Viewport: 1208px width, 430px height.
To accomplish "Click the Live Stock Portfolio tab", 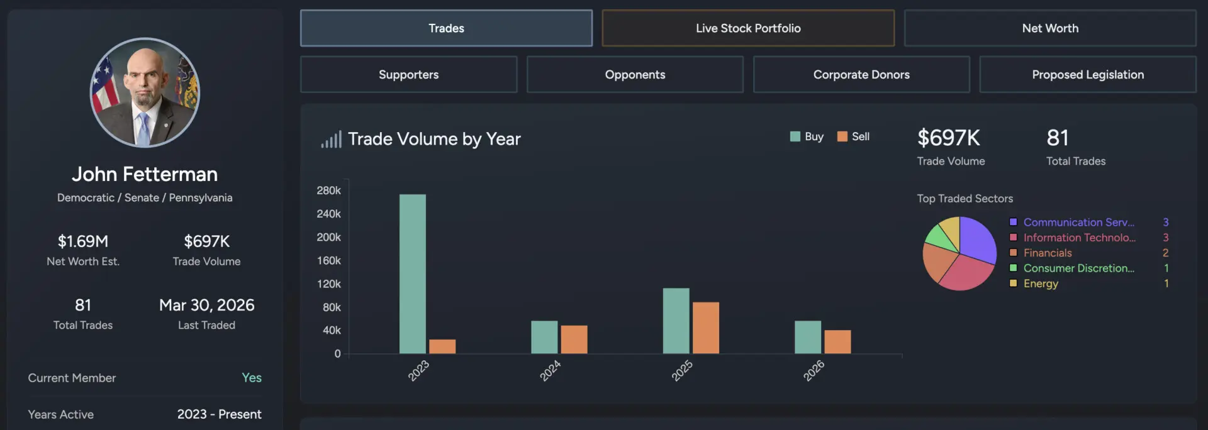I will pos(747,28).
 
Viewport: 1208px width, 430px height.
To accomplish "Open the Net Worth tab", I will pos(1049,28).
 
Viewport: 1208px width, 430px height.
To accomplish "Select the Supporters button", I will pos(408,75).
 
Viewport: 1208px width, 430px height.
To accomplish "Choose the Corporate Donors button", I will pos(861,75).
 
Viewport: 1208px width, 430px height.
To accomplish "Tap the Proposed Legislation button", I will pos(1087,75).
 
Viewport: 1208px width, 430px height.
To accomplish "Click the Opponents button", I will pos(635,75).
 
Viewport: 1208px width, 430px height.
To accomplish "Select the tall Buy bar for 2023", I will pos(412,273).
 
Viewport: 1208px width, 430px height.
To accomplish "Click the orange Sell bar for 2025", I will pos(705,328).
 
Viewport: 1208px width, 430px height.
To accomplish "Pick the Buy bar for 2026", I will pos(807,337).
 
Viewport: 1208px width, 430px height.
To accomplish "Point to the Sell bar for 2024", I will pos(574,339).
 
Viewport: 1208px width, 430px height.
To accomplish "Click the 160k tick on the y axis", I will pos(328,260).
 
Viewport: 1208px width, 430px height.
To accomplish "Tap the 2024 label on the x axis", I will pos(549,371).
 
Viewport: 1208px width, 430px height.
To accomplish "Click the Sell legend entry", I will pos(854,136).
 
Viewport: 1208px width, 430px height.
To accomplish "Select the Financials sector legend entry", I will pos(1047,253).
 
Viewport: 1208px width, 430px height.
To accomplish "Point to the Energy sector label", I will pos(1040,284).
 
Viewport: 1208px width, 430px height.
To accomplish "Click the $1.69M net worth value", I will pos(83,241).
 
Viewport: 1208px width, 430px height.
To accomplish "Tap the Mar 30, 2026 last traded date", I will pos(206,306).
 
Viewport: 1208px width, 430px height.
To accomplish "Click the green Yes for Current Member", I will pos(251,378).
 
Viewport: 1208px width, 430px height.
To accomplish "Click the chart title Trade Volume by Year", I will pos(434,139).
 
